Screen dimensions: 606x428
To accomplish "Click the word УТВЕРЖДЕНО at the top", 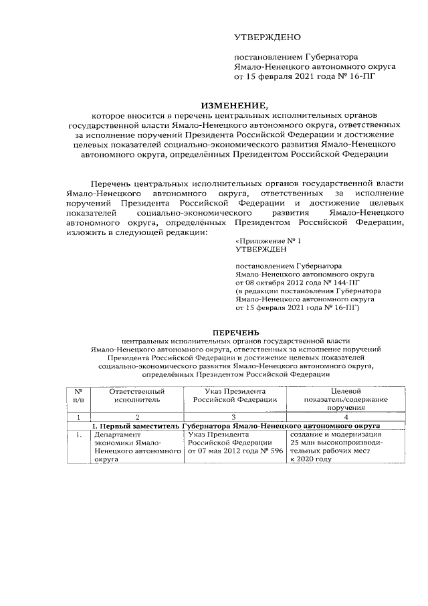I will [267, 37].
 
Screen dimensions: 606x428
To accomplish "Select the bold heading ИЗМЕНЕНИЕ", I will [233, 105].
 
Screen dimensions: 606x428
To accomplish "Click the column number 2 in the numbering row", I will [137, 417].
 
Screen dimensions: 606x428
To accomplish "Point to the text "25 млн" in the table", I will [303, 443].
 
